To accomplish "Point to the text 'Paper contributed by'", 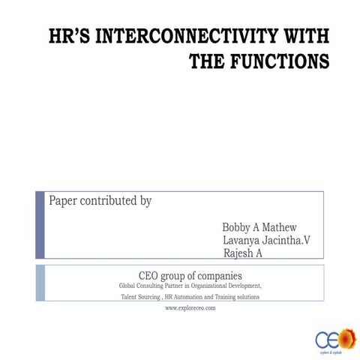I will pyautogui.click(x=100, y=201).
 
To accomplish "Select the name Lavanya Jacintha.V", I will pyautogui.click(x=266, y=240).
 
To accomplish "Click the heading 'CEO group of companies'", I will pyautogui.click(x=190, y=274).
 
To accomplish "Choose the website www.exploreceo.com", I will pyautogui.click(x=190, y=307).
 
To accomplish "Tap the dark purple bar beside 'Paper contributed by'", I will pyautogui.click(x=40, y=224).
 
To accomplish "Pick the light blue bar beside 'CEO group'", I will pyautogui.click(x=40, y=283).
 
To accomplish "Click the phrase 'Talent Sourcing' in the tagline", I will pyautogui.click(x=140, y=297).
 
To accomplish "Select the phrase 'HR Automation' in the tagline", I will pyautogui.click(x=184, y=297).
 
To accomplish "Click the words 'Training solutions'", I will pyautogui.click(x=237, y=297).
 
